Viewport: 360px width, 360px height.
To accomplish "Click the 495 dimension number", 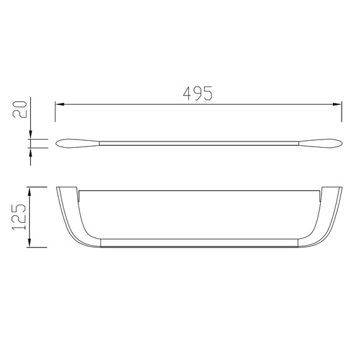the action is (198, 93).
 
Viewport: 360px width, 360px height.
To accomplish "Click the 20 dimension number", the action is (20, 109).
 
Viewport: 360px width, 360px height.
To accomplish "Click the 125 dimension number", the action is (19, 217).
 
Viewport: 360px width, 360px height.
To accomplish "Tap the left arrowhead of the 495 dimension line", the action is (60, 104).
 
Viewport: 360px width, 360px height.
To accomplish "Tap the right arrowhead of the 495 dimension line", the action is (337, 104).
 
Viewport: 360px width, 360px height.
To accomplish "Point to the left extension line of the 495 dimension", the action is (55, 112).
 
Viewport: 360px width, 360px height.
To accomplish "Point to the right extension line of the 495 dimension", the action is (342, 112).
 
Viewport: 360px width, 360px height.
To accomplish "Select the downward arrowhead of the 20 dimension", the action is (31, 135).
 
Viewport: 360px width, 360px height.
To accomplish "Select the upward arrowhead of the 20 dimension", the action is (31, 152).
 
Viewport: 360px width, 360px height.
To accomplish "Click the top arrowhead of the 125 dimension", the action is (29, 191).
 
